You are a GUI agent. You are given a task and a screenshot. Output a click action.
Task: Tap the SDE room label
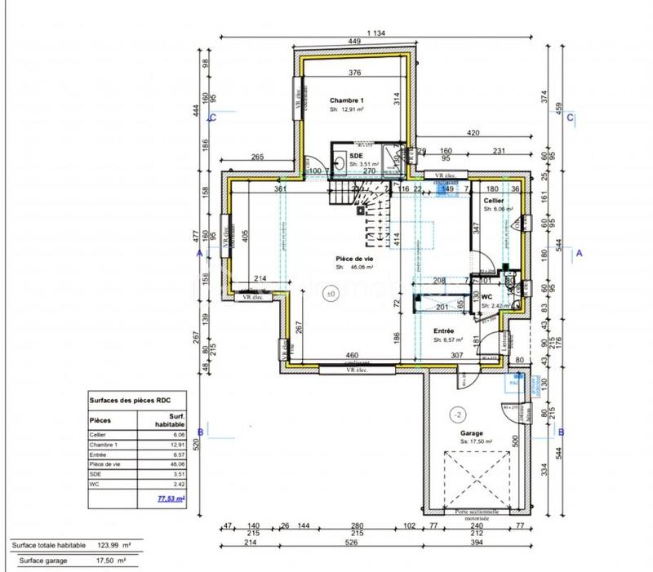(356, 155)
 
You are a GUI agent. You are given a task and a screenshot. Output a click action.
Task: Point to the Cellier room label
(493, 200)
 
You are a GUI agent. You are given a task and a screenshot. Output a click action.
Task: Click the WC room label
(486, 297)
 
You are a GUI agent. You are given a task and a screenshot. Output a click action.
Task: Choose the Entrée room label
(444, 330)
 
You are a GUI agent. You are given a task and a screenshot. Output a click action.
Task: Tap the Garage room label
(472, 433)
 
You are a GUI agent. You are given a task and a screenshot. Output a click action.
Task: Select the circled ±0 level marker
(331, 294)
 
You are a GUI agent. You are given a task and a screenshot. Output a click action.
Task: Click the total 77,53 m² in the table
(169, 495)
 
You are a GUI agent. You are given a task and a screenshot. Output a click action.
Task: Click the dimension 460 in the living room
(351, 356)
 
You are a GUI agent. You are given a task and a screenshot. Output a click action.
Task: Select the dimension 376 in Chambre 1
(354, 73)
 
